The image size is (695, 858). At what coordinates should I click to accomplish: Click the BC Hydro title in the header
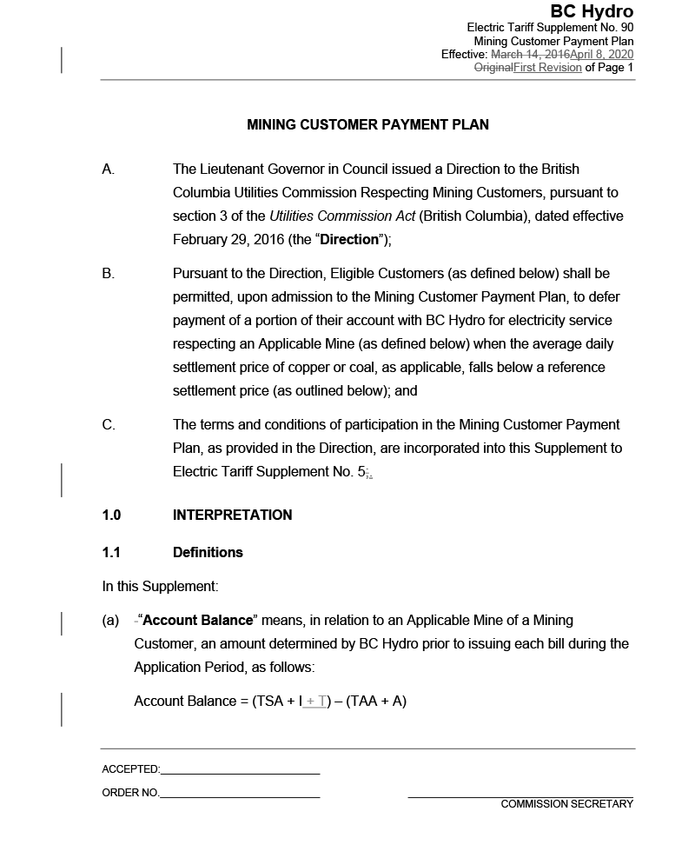pyautogui.click(x=592, y=11)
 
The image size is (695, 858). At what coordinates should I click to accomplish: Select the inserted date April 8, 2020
pyautogui.click(x=602, y=54)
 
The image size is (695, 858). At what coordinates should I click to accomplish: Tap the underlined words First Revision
pyautogui.click(x=547, y=67)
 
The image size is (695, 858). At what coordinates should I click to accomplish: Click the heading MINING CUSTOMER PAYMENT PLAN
pyautogui.click(x=367, y=124)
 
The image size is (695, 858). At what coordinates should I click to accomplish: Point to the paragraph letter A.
pyautogui.click(x=109, y=169)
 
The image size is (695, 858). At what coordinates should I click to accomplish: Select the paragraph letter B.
pyautogui.click(x=109, y=273)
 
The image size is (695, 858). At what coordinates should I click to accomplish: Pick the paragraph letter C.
pyautogui.click(x=109, y=424)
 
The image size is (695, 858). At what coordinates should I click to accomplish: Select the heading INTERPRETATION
pyautogui.click(x=232, y=515)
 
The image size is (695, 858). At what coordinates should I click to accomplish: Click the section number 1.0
pyautogui.click(x=111, y=515)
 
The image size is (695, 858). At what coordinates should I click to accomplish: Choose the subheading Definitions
pyautogui.click(x=208, y=552)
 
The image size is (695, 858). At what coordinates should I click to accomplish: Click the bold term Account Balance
pyautogui.click(x=197, y=620)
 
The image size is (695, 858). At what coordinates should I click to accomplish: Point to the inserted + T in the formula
pyautogui.click(x=316, y=701)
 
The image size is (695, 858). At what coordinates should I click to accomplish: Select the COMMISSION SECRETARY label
pyautogui.click(x=566, y=804)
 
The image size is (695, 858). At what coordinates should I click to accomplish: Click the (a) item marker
pyautogui.click(x=110, y=621)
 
